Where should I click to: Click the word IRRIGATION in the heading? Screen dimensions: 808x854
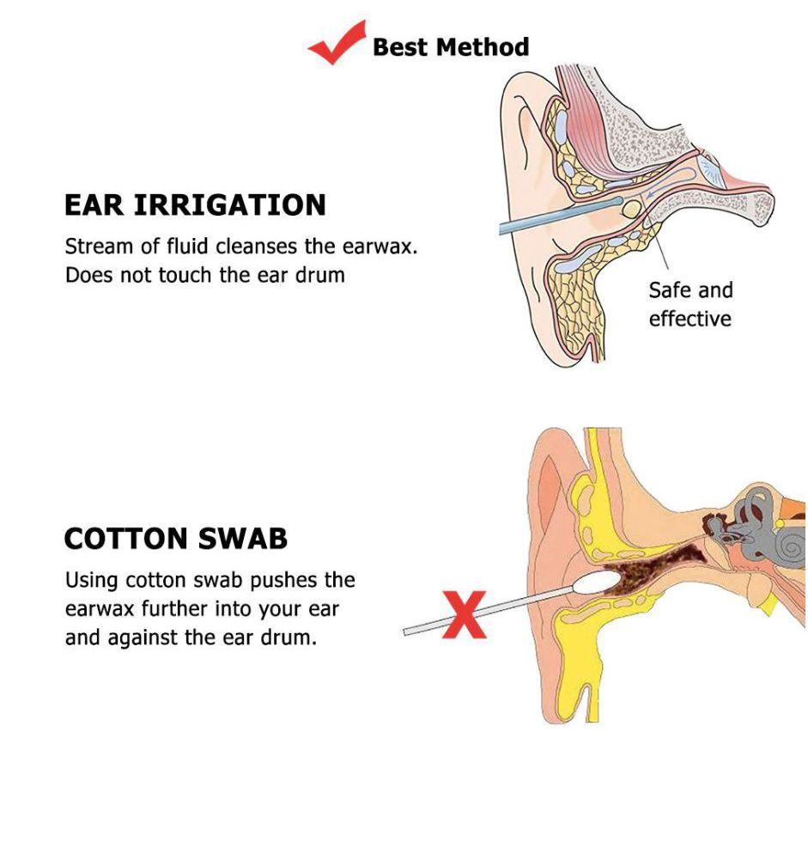point(230,204)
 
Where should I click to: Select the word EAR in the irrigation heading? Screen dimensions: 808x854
point(94,204)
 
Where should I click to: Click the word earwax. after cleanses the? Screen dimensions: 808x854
point(380,247)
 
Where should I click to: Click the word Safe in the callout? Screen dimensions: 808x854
point(670,290)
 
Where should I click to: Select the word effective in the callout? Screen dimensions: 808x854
point(690,319)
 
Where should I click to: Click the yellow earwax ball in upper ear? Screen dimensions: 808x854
point(632,209)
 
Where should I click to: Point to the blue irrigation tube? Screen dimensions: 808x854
point(561,216)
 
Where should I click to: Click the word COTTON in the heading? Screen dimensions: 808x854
point(125,539)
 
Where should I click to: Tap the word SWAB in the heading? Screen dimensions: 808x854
point(242,539)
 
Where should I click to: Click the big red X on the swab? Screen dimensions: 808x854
point(464,615)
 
